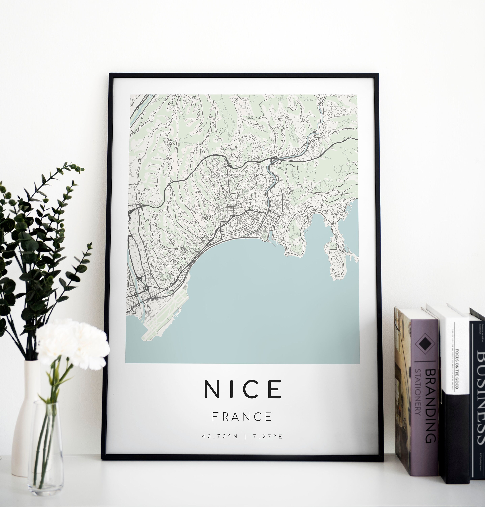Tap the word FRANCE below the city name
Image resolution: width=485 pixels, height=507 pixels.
(x=242, y=417)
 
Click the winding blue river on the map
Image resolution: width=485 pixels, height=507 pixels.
(x=271, y=178)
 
